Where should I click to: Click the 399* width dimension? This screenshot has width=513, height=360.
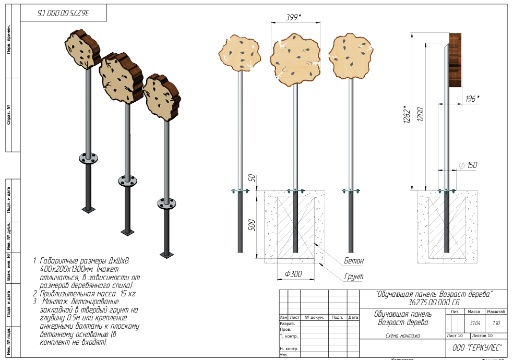294,17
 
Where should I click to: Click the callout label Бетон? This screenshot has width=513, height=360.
353,260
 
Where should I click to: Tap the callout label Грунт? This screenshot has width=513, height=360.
353,276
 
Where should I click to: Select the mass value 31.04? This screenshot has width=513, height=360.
475,323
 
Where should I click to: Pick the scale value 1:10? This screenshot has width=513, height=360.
495,323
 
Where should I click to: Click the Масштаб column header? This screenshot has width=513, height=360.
495,311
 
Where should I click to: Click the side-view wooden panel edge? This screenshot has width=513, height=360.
455,60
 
